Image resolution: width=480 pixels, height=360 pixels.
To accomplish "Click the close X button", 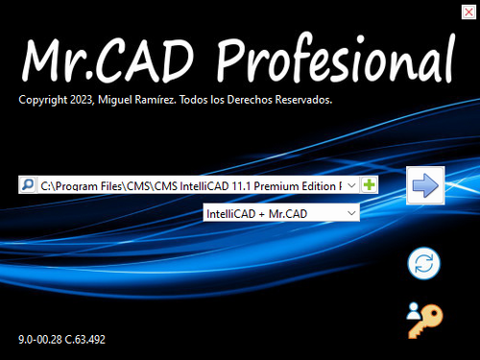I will pos(467,12).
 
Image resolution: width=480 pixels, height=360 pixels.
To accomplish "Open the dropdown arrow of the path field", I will pos(351,184).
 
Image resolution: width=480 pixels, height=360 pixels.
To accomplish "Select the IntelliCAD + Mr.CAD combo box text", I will pos(272,212).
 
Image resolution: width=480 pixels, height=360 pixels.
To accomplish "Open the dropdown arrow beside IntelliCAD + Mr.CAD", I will pos(351,212).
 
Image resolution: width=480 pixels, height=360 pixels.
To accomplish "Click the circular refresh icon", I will pos(421,264).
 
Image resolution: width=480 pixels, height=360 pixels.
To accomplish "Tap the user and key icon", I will pos(421,321).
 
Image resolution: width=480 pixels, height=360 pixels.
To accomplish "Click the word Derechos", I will pos(248,99).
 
